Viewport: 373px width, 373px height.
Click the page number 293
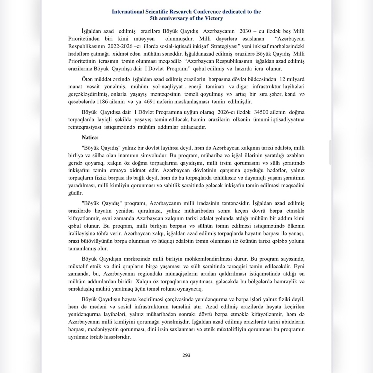(186, 355)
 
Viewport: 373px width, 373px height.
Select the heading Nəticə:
(90, 138)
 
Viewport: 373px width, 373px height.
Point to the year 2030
(245, 31)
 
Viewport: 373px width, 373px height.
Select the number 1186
(102, 102)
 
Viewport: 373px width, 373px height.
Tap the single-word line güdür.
(75, 193)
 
